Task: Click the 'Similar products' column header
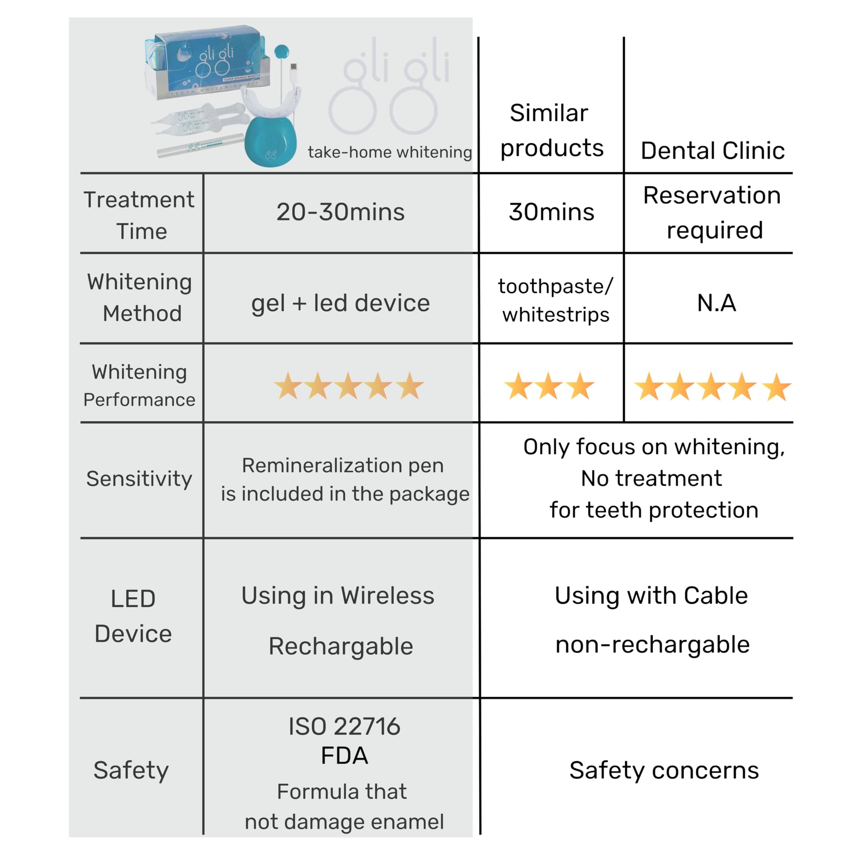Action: (551, 130)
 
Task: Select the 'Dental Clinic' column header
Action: (713, 150)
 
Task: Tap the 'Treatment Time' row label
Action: (139, 215)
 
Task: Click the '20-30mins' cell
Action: (341, 212)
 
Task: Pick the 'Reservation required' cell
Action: (713, 212)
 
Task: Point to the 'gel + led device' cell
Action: (341, 303)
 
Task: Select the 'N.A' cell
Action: (716, 303)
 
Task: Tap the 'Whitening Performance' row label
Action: (139, 385)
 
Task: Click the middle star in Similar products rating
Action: (548, 386)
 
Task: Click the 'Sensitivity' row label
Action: (139, 478)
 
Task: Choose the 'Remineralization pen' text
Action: (343, 466)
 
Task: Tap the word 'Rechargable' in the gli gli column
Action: (341, 646)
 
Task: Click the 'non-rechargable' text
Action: (652, 645)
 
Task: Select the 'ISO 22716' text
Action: (344, 727)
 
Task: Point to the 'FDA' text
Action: (344, 755)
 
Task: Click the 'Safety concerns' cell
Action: (664, 771)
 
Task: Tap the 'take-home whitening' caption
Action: (389, 152)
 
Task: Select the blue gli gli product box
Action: (208, 60)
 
